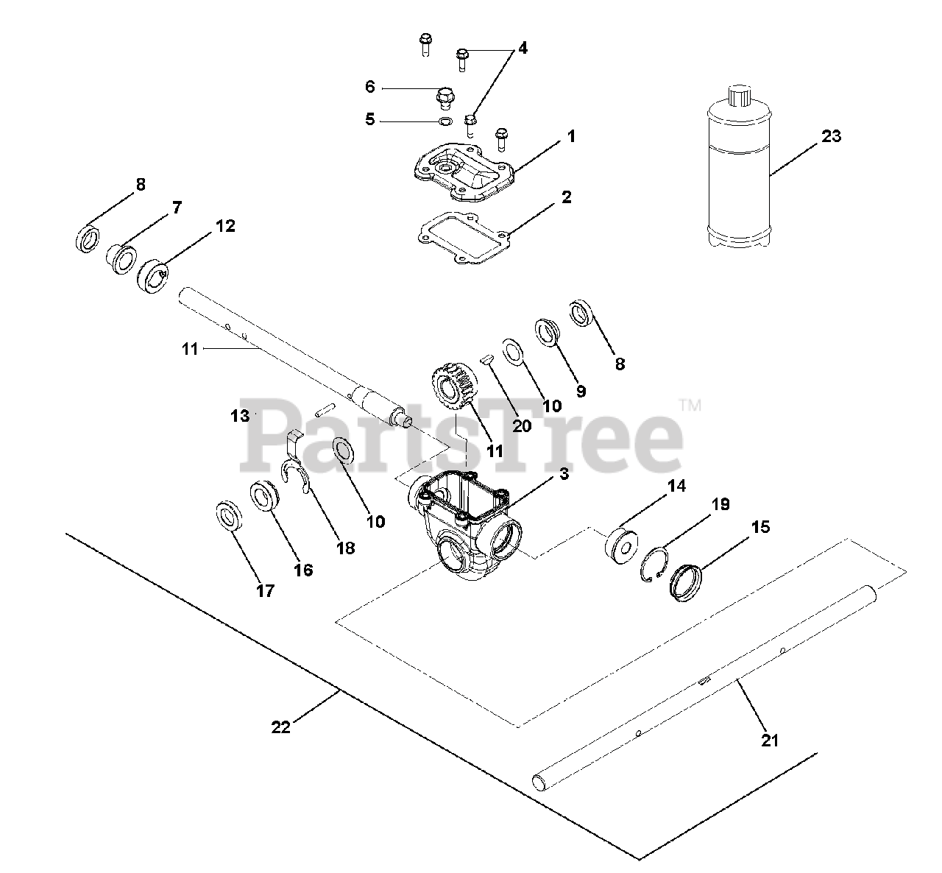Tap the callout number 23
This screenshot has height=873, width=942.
pyautogui.click(x=831, y=136)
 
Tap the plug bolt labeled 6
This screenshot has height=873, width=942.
pyautogui.click(x=445, y=96)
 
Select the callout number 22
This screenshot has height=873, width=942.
pyautogui.click(x=281, y=727)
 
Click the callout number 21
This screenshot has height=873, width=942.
pyautogui.click(x=769, y=741)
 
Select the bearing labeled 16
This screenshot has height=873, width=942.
pyautogui.click(x=265, y=495)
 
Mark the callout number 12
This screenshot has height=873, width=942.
pyautogui.click(x=225, y=226)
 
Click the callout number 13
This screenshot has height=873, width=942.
pyautogui.click(x=239, y=416)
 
